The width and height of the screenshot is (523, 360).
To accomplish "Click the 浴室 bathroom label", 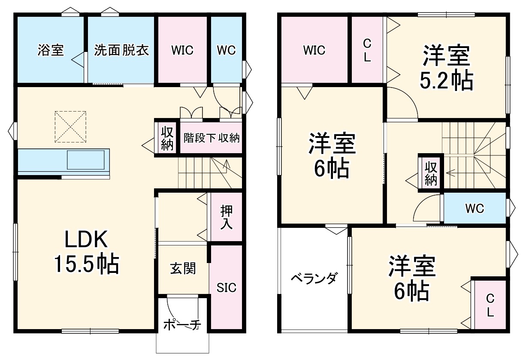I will point(51,50).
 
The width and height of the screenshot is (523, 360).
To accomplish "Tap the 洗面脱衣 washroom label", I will point(121,50).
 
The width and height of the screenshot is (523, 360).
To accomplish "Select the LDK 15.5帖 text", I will point(86,253).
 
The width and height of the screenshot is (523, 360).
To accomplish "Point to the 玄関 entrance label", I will point(183,269).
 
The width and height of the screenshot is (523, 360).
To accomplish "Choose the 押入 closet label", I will point(226,217).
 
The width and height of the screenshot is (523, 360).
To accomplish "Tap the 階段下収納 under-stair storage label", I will point(211,138).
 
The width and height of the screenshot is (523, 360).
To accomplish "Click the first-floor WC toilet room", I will point(226,50).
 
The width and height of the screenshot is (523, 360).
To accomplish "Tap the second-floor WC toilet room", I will point(475,209).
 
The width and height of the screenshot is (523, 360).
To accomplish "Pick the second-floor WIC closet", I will point(314,50).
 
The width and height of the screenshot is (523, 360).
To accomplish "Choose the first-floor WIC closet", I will point(182,50).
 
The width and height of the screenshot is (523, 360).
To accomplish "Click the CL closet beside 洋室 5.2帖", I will point(367,50).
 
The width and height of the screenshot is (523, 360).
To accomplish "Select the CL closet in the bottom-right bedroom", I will point(490,305).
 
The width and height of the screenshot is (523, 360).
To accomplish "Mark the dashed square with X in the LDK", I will point(71,127).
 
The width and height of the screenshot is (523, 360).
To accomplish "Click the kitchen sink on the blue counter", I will point(85,160).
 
